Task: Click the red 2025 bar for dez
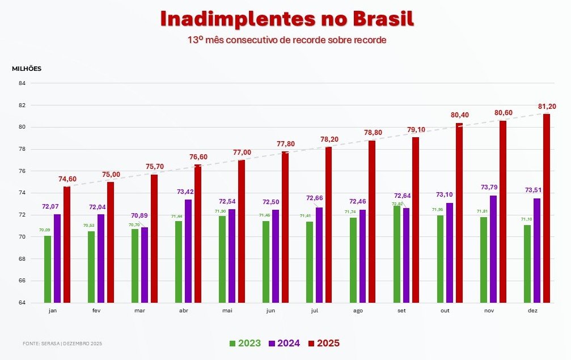point(547,208)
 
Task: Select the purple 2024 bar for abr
point(188,251)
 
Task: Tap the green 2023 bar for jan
point(48,269)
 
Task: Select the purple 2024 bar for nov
point(493,249)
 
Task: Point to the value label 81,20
point(547,106)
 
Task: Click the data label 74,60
point(67,179)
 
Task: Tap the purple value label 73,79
point(493,187)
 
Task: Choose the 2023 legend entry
point(245,343)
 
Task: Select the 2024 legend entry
point(284,343)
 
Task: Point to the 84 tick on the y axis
point(22,83)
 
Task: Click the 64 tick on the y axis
point(22,303)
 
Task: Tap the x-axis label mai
point(227,311)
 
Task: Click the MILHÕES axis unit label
point(27,69)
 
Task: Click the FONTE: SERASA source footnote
point(62,344)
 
